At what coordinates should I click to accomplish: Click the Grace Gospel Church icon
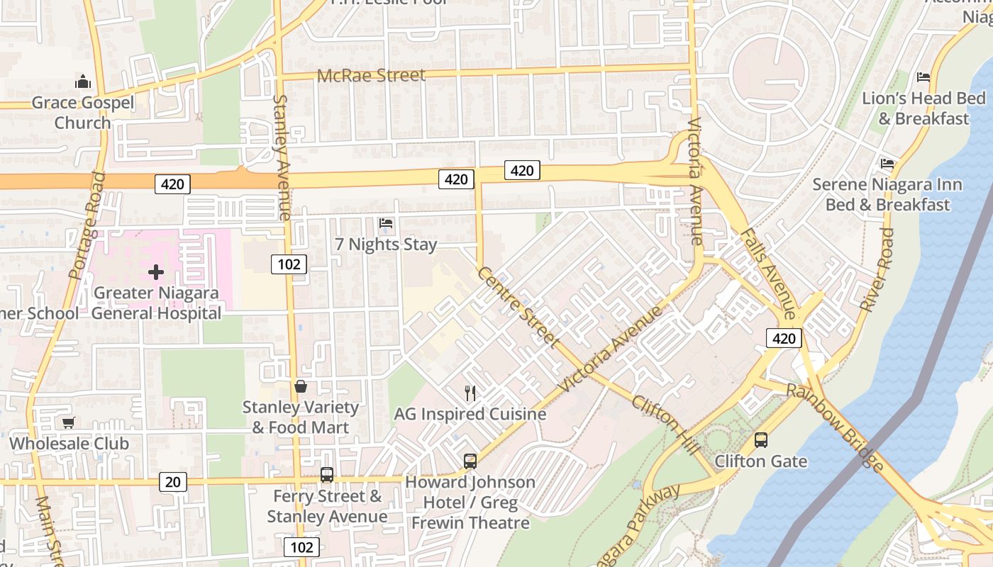pos(83,81)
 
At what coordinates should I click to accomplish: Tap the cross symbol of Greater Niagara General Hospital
pos(156,272)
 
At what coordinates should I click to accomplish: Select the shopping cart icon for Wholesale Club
pos(68,423)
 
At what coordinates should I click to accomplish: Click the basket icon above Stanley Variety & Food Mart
pos(301,387)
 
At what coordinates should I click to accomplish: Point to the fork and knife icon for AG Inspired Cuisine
pos(470,393)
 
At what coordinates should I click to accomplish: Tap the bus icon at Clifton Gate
pos(761,440)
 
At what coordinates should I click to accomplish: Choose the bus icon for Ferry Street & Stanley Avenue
pos(326,475)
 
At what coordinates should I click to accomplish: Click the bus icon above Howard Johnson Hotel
pos(470,461)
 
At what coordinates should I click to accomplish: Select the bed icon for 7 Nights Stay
pos(386,223)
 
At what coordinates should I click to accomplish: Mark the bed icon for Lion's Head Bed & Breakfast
pos(923,77)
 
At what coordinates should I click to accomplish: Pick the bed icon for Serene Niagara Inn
pos(887,164)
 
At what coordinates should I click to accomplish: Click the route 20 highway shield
pos(172,483)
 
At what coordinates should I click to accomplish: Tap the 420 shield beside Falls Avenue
pos(784,339)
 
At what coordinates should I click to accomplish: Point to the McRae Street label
pos(371,75)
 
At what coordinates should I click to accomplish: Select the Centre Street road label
pos(516,307)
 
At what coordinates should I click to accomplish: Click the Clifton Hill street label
pos(665,425)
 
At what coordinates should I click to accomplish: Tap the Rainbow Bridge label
pos(836,427)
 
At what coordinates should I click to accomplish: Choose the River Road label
pos(877,270)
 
